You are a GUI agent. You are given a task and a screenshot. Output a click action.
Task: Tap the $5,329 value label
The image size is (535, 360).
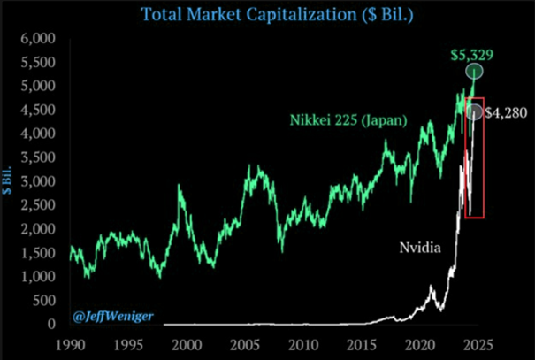[470, 55]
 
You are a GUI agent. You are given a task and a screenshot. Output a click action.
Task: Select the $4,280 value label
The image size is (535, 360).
[508, 112]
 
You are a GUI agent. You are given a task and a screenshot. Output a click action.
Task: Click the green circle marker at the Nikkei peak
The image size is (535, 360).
[475, 71]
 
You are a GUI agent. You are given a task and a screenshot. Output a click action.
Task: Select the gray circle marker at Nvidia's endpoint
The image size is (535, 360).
[475, 112]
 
